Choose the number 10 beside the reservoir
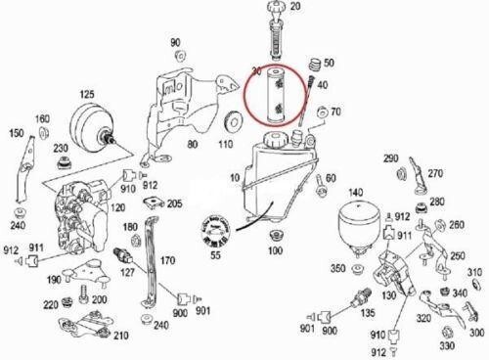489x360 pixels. [233, 180]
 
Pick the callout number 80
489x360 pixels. [192, 145]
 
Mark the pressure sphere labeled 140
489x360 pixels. [355, 225]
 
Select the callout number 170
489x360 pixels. [168, 261]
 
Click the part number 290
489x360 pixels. [389, 158]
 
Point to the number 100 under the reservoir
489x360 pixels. [275, 251]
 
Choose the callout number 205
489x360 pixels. [173, 203]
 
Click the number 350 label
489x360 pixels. [337, 267]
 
